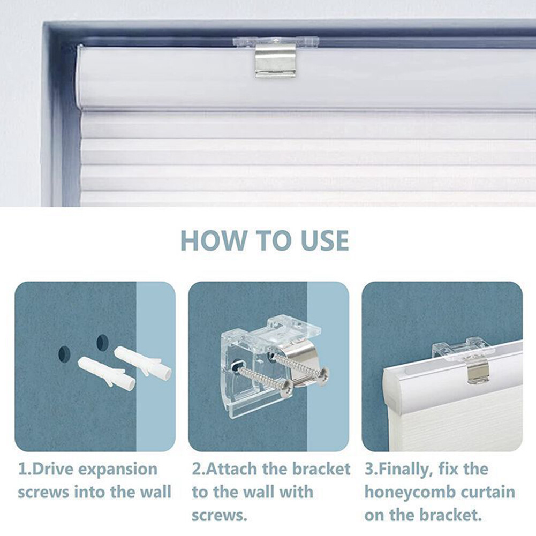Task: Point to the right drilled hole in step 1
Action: click(102, 342)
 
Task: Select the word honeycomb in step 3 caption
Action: click(408, 492)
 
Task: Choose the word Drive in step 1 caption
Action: click(52, 470)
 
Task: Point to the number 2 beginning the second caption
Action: click(197, 470)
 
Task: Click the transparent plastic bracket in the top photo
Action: click(275, 41)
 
